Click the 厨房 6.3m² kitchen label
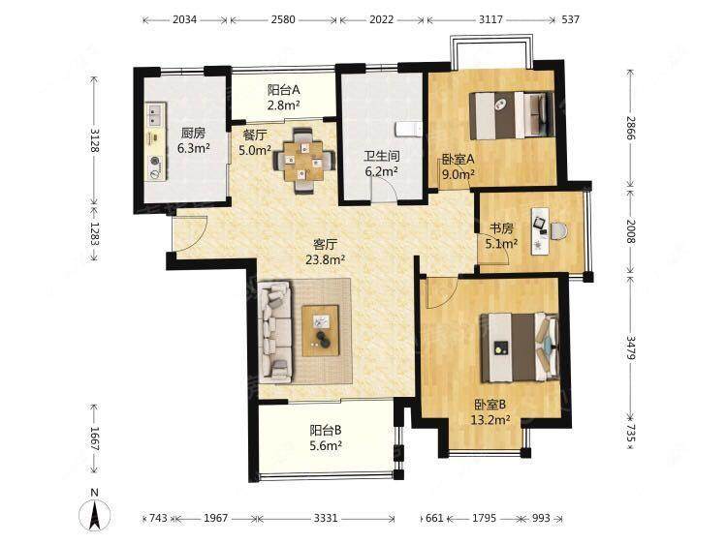pyautogui.click(x=193, y=140)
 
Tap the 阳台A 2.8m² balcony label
pyautogui.click(x=283, y=97)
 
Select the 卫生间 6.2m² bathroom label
pyautogui.click(x=381, y=164)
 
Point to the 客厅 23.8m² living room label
pyautogui.click(x=325, y=252)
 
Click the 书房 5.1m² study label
pyautogui.click(x=501, y=235)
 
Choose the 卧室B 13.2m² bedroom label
pyautogui.click(x=490, y=412)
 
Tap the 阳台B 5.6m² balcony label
pyautogui.click(x=326, y=438)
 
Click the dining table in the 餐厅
pyautogui.click(x=303, y=161)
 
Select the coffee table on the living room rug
pyautogui.click(x=321, y=331)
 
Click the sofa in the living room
pyautogui.click(x=275, y=332)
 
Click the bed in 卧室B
pyautogui.click(x=520, y=348)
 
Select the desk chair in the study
pyautogui.click(x=559, y=230)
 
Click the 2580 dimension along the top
pyautogui.click(x=283, y=20)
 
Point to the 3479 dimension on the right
pyautogui.click(x=631, y=348)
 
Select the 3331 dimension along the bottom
pyautogui.click(x=326, y=518)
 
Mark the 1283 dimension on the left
pyautogui.click(x=94, y=234)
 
